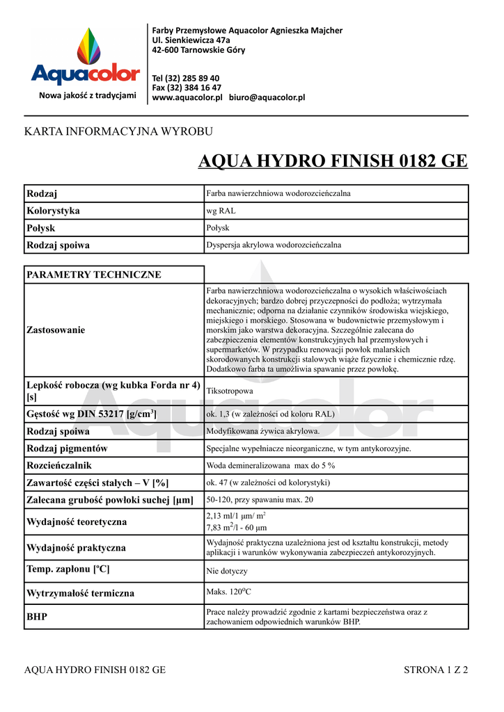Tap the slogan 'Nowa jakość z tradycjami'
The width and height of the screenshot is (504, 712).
click(88, 95)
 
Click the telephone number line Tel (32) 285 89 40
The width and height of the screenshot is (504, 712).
click(186, 78)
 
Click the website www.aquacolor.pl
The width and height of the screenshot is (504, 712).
click(187, 97)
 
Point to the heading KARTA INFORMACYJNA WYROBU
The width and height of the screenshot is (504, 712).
click(118, 131)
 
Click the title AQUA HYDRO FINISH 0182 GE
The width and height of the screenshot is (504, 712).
click(333, 162)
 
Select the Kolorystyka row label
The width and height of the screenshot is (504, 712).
click(53, 211)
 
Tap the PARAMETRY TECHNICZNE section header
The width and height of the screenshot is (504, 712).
click(94, 275)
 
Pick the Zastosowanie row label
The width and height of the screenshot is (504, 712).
click(56, 330)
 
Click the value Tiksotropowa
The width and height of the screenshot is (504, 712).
click(230, 391)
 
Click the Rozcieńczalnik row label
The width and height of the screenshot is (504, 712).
click(59, 465)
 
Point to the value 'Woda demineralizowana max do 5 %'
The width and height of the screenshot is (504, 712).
click(271, 465)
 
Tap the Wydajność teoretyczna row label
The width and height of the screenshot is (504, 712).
click(77, 521)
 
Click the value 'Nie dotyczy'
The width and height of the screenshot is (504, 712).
click(227, 571)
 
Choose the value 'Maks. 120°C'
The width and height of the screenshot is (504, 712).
click(228, 592)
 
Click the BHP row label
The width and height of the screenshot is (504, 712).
click(37, 617)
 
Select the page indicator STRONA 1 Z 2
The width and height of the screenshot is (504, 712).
click(436, 670)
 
